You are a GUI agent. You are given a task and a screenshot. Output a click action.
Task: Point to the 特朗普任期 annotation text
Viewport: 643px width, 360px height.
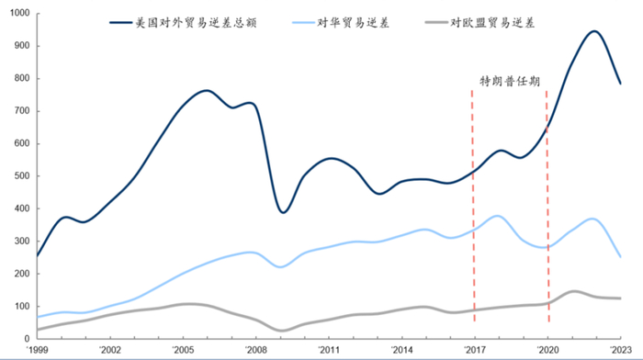[510, 81]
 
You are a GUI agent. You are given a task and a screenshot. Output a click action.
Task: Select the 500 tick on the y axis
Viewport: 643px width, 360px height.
[19, 176]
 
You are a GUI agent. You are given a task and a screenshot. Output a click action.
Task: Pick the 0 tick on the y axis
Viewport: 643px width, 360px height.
[26, 339]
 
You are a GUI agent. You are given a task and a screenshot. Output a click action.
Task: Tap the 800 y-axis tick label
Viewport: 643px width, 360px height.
[19, 79]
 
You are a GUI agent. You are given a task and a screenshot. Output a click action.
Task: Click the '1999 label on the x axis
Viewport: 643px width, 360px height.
[38, 350]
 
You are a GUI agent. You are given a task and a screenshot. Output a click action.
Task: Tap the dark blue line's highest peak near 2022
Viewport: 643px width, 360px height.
[593, 31]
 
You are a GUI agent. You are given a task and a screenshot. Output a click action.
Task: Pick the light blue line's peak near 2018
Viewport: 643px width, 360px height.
[497, 216]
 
